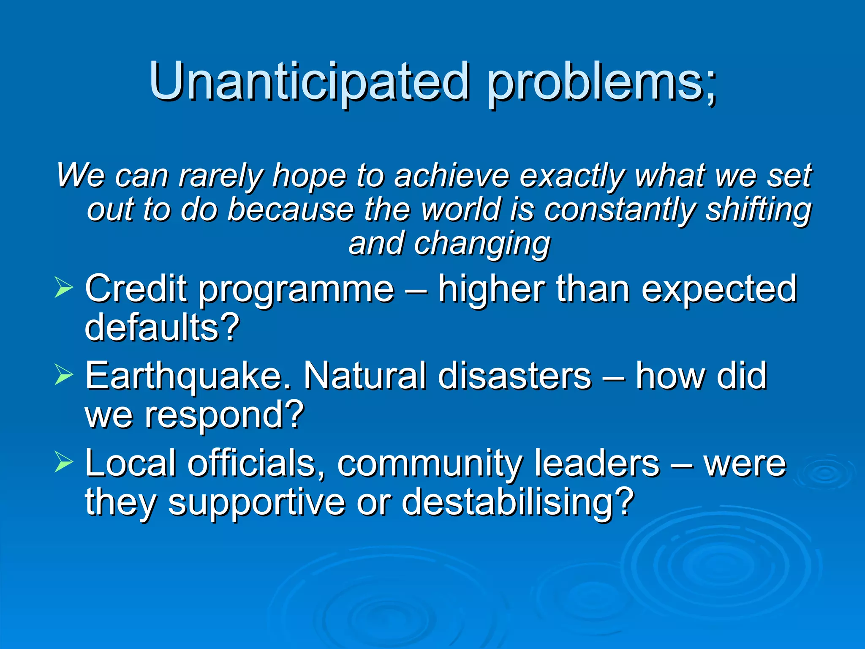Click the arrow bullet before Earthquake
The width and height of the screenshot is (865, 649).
point(64,374)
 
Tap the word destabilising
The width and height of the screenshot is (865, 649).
point(517,502)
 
